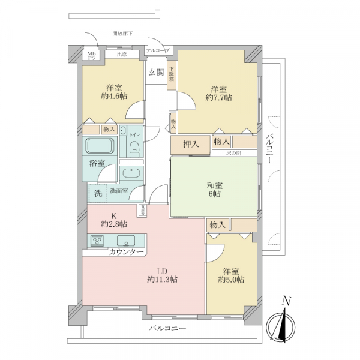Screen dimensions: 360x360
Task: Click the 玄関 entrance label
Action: pos(155,72)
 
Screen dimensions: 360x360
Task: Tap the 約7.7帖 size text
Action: pos(218,97)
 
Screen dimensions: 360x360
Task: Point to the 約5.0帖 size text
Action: pos(231,279)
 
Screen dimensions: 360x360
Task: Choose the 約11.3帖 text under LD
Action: pos(161,279)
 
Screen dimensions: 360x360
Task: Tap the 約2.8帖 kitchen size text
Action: pos(113,224)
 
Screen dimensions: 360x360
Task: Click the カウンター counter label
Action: pos(126,252)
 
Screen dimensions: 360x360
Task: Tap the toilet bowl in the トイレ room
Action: pos(133,148)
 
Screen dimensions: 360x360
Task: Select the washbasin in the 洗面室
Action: pos(131,175)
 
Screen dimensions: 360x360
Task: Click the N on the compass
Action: pos(287,301)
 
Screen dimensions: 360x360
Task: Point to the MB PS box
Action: pos(92,55)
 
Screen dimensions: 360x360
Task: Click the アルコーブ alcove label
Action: pos(158,50)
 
